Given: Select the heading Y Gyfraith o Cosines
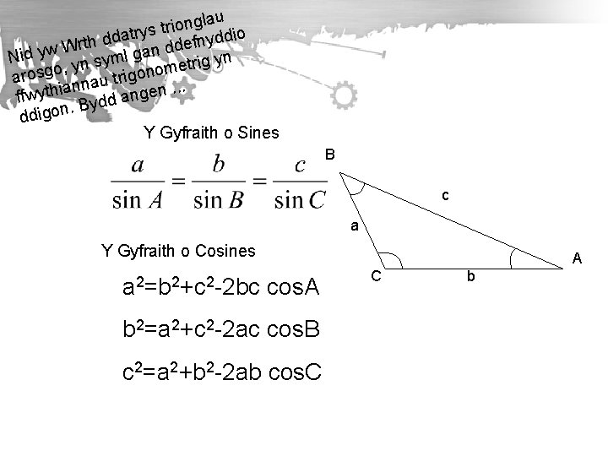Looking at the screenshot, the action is tap(177, 250).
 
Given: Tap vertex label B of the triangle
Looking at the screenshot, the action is tap(330, 155).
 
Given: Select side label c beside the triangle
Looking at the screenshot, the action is tap(445, 196).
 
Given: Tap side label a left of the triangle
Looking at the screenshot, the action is tap(356, 226).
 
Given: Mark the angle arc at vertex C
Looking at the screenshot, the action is tap(391, 262).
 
